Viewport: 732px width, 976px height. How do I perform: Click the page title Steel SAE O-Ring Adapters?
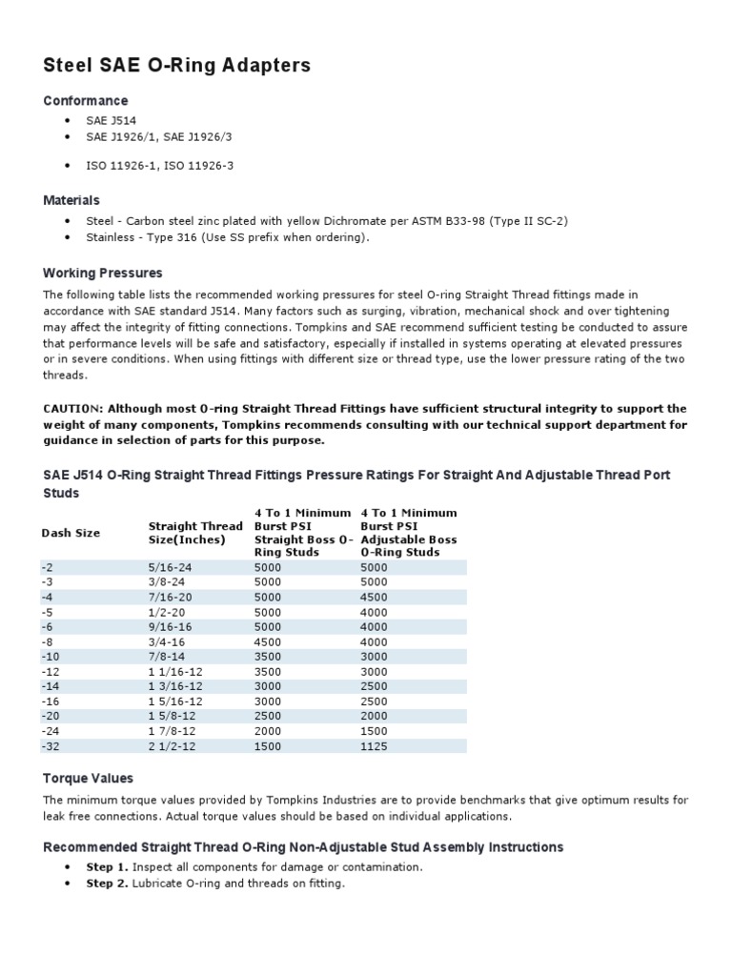[x=177, y=66]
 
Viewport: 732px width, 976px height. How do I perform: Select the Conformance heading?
[x=86, y=101]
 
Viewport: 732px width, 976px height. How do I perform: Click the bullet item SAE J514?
[x=112, y=122]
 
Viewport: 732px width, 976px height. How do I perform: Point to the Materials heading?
[x=71, y=200]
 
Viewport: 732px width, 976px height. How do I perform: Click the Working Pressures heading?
[x=103, y=274]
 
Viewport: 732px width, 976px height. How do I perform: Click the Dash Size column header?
[x=71, y=533]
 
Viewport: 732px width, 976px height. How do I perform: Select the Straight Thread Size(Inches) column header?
[x=195, y=533]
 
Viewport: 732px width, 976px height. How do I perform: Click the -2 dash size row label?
[x=48, y=566]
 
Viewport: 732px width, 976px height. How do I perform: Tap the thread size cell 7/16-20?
[x=171, y=598]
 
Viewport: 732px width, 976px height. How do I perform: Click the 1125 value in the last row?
[x=375, y=746]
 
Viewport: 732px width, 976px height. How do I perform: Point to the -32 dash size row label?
[x=51, y=746]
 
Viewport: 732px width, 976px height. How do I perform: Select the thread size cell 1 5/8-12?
[x=174, y=716]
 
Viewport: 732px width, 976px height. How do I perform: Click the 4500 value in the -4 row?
[x=375, y=598]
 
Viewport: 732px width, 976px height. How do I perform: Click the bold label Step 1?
[x=107, y=867]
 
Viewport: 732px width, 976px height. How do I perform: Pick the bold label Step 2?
[x=107, y=884]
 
